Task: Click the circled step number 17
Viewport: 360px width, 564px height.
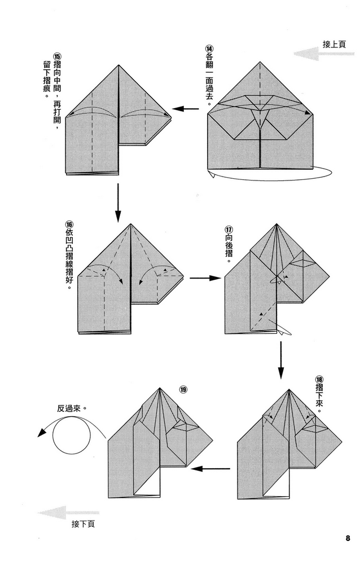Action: point(229,230)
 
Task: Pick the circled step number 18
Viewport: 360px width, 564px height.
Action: point(321,379)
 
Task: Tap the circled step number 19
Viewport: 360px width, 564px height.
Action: point(183,389)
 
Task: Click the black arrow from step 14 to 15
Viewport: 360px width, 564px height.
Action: point(186,109)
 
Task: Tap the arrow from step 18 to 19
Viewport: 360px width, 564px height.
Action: point(211,468)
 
